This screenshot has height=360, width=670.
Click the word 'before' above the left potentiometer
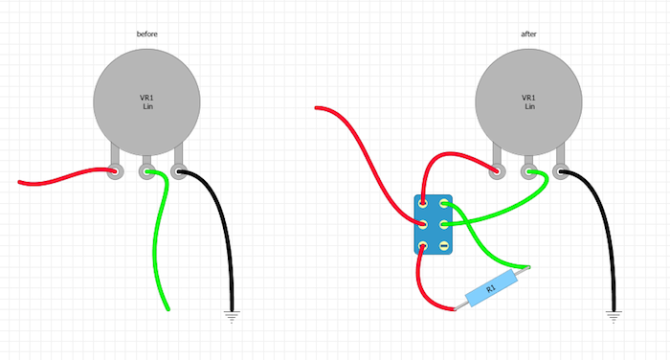tap(146, 34)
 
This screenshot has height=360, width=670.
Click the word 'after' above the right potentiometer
tap(529, 34)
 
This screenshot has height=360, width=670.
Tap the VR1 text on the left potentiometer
tap(146, 98)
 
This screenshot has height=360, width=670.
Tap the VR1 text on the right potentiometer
tap(529, 98)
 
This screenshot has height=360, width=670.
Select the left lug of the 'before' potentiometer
tap(116, 173)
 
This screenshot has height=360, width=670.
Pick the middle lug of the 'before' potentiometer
tap(147, 173)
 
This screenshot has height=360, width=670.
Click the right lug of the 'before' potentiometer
tap(178, 173)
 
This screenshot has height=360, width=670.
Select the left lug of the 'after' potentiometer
tap(498, 173)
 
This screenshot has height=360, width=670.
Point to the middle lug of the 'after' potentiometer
tap(529, 173)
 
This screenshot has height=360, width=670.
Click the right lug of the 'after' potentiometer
tap(561, 173)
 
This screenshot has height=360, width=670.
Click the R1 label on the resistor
tap(491, 286)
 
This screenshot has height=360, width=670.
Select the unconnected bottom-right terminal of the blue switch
tap(443, 246)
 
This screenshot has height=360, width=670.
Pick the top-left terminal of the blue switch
tap(422, 202)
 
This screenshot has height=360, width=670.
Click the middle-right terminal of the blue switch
tap(443, 224)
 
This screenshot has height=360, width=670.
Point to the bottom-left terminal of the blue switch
tap(422, 246)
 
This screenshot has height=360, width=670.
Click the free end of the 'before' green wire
tap(168, 308)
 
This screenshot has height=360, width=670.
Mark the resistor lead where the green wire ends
tap(525, 268)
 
